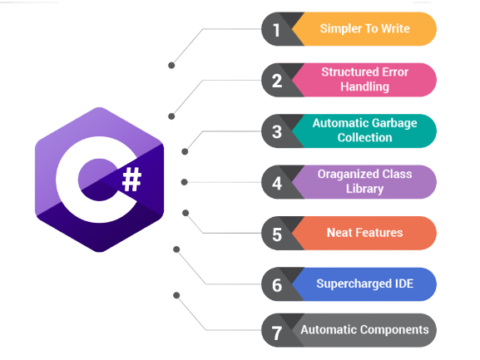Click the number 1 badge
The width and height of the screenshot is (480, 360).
[276, 30]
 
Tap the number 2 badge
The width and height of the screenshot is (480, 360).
[276, 81]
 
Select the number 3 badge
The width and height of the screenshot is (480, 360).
[276, 131]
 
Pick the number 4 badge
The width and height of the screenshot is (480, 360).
[276, 182]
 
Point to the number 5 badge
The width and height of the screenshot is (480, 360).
[276, 234]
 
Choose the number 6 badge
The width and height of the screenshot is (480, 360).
[276, 284]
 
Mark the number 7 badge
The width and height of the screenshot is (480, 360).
[276, 330]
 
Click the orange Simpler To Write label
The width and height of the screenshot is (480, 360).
[364, 29]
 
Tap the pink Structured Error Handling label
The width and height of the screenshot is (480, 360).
[364, 80]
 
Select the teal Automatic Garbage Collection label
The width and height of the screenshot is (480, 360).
[364, 131]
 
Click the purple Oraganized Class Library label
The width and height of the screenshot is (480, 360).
[364, 181]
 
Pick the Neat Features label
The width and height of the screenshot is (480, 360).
[364, 233]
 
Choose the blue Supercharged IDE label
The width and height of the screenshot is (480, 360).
[364, 284]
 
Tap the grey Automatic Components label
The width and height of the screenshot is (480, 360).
[364, 330]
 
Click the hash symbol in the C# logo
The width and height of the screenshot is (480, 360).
[131, 179]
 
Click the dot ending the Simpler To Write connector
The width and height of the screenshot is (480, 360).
[171, 64]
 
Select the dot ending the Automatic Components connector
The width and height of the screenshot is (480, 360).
[175, 294]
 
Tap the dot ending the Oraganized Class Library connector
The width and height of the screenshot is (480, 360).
[184, 181]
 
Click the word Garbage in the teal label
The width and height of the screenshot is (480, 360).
[392, 124]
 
